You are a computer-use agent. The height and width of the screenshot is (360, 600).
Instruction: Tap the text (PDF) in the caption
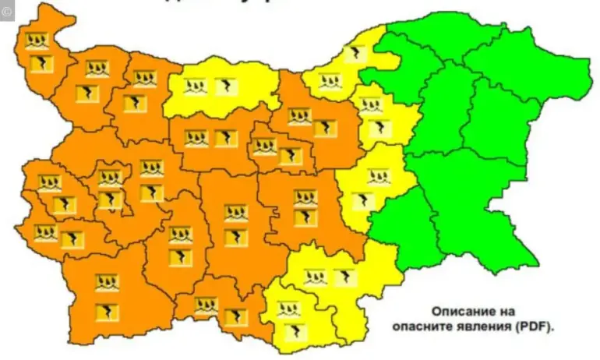(x=533, y=327)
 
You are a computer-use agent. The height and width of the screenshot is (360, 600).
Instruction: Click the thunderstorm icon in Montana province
(x=87, y=94)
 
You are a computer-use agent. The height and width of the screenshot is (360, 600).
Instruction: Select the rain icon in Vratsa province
(x=144, y=79)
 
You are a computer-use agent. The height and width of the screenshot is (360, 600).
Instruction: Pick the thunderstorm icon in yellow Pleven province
(x=224, y=86)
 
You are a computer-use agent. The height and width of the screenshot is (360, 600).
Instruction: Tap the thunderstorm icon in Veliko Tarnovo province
(x=325, y=128)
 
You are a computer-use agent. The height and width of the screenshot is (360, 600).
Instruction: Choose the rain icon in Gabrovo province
(x=265, y=146)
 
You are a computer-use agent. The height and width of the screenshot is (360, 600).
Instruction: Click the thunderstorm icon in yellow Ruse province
(x=356, y=54)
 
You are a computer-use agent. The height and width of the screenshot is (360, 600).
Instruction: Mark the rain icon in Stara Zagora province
(x=305, y=198)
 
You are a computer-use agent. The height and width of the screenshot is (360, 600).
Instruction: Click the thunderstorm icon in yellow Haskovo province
(x=344, y=277)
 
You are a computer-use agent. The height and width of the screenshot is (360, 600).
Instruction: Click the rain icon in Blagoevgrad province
(x=107, y=283)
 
